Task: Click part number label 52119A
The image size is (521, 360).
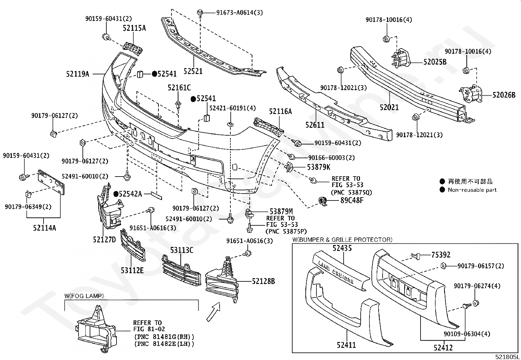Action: coord(78,74)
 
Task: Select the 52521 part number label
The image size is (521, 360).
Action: coord(193,71)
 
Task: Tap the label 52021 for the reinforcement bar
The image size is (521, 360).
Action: coord(389,107)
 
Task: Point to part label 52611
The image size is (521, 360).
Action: coord(315,125)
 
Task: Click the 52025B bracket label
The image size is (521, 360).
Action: coord(435,62)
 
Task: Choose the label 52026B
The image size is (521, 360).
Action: coord(504,95)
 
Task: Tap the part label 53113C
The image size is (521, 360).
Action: coord(182,250)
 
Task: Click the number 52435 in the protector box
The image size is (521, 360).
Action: coord(342,248)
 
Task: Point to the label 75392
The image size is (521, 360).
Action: coord(440,255)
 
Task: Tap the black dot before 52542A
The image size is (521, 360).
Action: coord(116,194)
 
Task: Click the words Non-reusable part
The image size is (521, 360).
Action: coord(472,190)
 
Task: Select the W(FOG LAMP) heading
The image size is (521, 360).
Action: coord(84,296)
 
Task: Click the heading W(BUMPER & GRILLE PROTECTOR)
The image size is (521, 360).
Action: coord(342,239)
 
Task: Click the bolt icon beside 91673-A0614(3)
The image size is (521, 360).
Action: coord(200,13)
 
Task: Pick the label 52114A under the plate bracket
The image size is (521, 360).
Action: coord(44,228)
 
